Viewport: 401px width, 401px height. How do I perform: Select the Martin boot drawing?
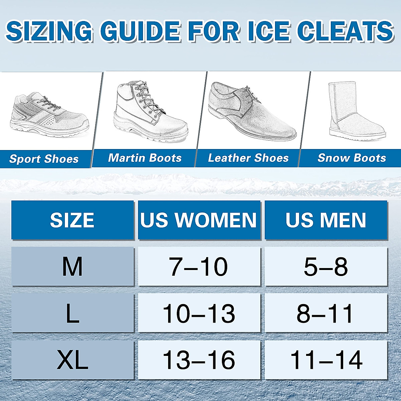[150, 112]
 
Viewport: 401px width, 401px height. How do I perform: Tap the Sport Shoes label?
[44, 159]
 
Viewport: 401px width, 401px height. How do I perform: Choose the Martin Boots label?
[145, 158]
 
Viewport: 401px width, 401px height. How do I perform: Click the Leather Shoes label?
[248, 158]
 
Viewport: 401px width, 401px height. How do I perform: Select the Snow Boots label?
[352, 158]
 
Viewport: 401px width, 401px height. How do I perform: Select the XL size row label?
[73, 360]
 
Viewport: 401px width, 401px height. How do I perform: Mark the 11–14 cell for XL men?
[326, 360]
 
